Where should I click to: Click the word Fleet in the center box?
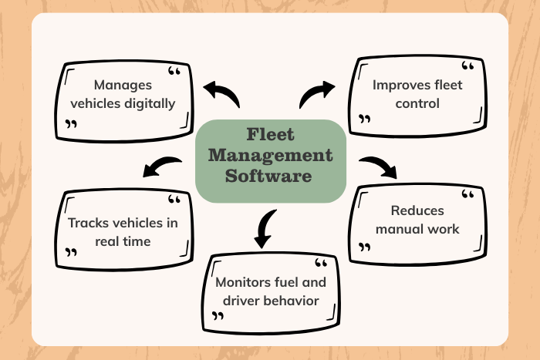coord(269,136)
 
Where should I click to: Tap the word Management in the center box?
coord(269,156)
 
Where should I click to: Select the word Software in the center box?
coord(269,176)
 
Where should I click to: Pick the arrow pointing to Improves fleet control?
coord(316,94)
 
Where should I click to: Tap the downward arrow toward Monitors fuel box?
coord(265,228)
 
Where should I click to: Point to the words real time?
coord(123,241)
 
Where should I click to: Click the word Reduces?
coord(417,210)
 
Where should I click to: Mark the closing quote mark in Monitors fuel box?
coord(218,316)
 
